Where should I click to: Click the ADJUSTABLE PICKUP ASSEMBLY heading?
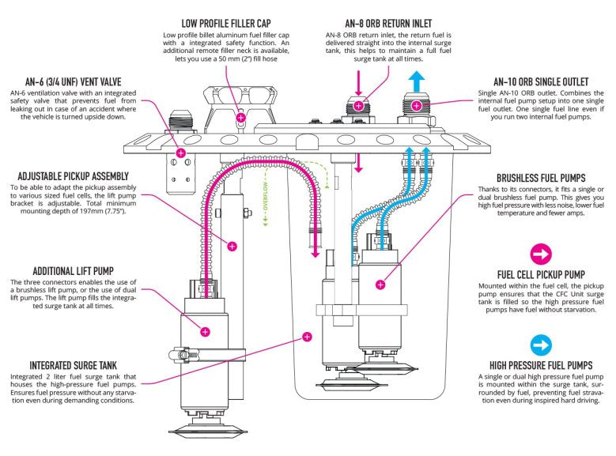[70, 175]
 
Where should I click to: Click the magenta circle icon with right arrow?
[541, 254]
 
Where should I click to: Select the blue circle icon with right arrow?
[541, 344]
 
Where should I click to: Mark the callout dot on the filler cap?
[241, 118]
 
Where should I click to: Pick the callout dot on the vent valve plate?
[180, 153]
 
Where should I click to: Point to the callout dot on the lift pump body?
[205, 331]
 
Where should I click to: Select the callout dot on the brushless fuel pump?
[381, 283]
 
